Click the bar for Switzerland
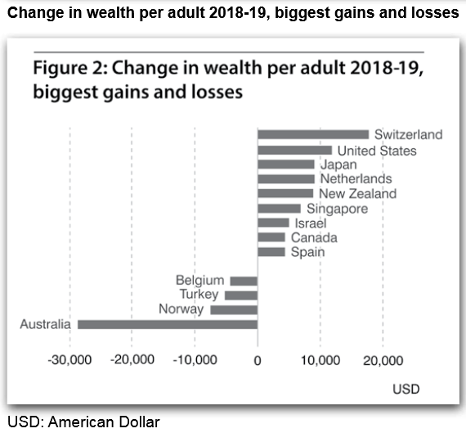[x=313, y=134]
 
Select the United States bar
[x=295, y=151]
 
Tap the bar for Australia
[x=168, y=324]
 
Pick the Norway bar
[x=234, y=309]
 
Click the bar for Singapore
[x=279, y=209]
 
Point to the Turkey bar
[x=241, y=295]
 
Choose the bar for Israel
[x=273, y=223]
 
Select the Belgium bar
[x=244, y=281]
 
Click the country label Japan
[x=338, y=165]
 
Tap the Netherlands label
[x=356, y=179]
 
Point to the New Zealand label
[x=358, y=194]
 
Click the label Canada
[x=314, y=237]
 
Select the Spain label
[x=308, y=252]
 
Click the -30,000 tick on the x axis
[x=69, y=360]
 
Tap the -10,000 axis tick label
[x=195, y=360]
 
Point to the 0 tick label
[x=258, y=360]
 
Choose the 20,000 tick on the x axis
[x=383, y=360]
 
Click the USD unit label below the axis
[x=406, y=389]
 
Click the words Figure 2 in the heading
[x=71, y=68]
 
